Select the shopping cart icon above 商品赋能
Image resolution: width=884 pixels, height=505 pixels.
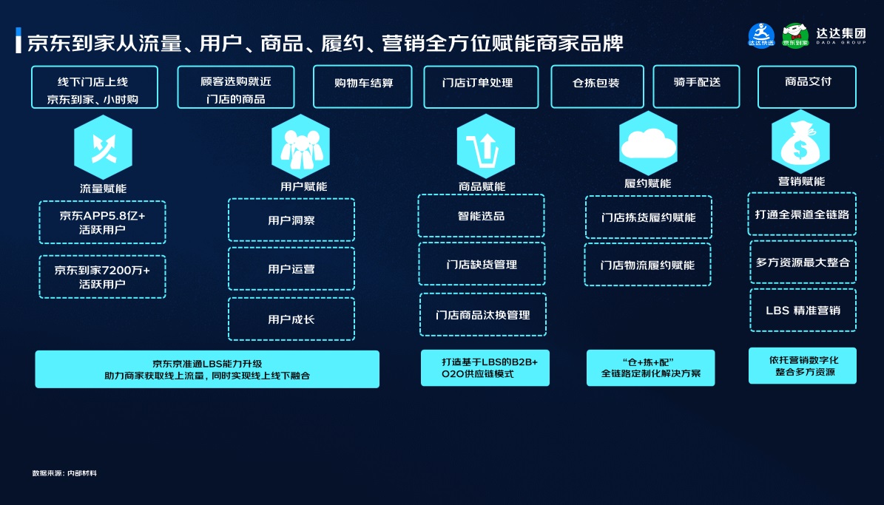tap(485, 146)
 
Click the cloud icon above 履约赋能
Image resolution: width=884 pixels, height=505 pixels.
tap(648, 143)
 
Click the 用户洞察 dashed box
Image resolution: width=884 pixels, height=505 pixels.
tap(291, 220)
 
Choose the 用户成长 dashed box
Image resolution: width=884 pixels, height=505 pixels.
tap(291, 319)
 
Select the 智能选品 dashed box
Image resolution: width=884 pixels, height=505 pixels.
tap(481, 216)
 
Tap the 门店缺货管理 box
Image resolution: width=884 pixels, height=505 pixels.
tap(482, 264)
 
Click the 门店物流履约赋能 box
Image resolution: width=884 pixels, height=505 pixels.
tap(648, 265)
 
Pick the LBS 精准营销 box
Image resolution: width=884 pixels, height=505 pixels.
tap(803, 311)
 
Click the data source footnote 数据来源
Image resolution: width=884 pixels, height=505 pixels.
tap(64, 472)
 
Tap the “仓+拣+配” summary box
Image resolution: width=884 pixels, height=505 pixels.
tap(650, 367)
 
